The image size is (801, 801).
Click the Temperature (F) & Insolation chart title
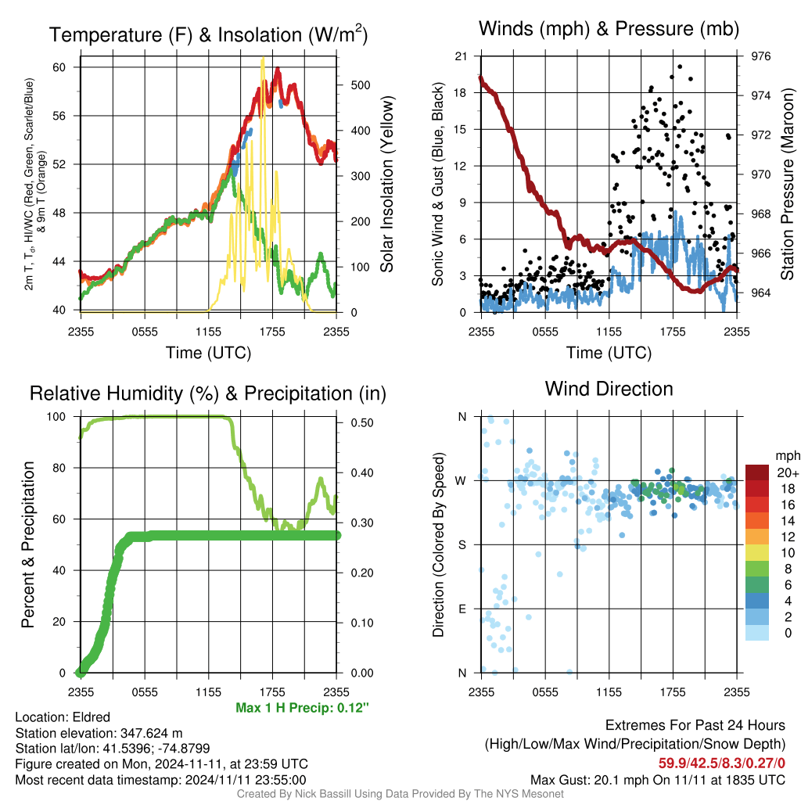pyautogui.click(x=208, y=34)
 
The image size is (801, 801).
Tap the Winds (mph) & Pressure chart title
pyautogui.click(x=609, y=29)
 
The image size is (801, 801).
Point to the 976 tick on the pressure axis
pyautogui.click(x=760, y=56)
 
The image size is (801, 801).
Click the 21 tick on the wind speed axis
pyautogui.click(x=461, y=56)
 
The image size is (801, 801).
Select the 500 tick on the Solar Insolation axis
pyautogui.click(x=361, y=85)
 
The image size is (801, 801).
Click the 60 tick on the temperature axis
pyautogui.click(x=59, y=67)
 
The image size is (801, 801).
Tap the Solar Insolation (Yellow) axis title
pyautogui.click(x=387, y=184)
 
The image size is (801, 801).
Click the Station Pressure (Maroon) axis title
pyautogui.click(x=787, y=184)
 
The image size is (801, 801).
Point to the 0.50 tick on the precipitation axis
pyautogui.click(x=362, y=423)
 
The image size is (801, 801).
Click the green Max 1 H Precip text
pyautogui.click(x=302, y=707)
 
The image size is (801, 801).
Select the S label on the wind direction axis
pyautogui.click(x=462, y=545)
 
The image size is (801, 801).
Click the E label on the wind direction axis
pyautogui.click(x=462, y=609)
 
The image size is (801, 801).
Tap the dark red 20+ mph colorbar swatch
pyautogui.click(x=757, y=472)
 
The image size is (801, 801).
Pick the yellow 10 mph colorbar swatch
pyautogui.click(x=757, y=553)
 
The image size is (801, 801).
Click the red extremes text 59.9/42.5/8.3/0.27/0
pyautogui.click(x=721, y=763)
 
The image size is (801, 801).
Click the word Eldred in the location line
pyautogui.click(x=91, y=717)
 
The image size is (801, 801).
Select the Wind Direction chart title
pyautogui.click(x=609, y=390)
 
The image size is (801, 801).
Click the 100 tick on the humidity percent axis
pyautogui.click(x=56, y=417)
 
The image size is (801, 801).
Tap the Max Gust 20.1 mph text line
pyautogui.click(x=657, y=780)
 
